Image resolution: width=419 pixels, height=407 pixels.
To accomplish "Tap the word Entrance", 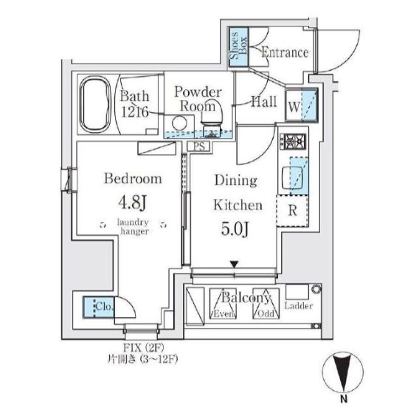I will click(284, 52).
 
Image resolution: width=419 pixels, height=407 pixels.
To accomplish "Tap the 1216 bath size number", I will click(136, 112).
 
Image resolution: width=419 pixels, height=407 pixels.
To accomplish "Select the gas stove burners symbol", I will click(288, 139).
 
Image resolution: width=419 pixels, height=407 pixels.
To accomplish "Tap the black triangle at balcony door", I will click(235, 264).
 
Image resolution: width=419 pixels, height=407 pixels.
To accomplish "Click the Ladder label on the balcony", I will click(298, 306).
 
